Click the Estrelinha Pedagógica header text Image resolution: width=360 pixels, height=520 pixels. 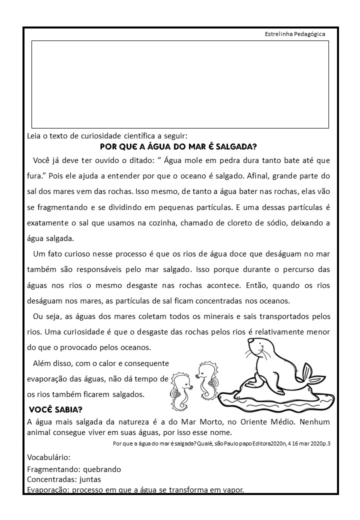(x=295, y=34)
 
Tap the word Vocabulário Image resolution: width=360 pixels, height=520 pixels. (x=48, y=457)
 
